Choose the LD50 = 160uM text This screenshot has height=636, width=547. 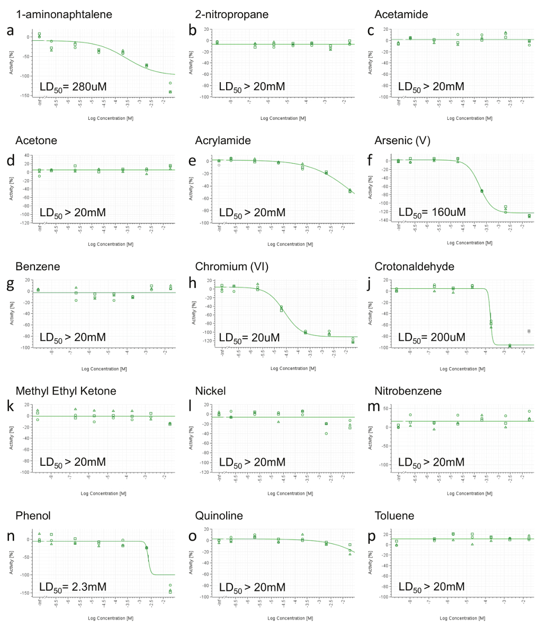(432, 212)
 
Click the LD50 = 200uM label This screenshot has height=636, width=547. (432, 337)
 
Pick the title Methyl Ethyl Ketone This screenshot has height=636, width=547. (66, 391)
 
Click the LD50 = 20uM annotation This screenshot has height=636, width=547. (250, 337)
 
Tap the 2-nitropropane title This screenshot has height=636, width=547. (231, 14)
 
